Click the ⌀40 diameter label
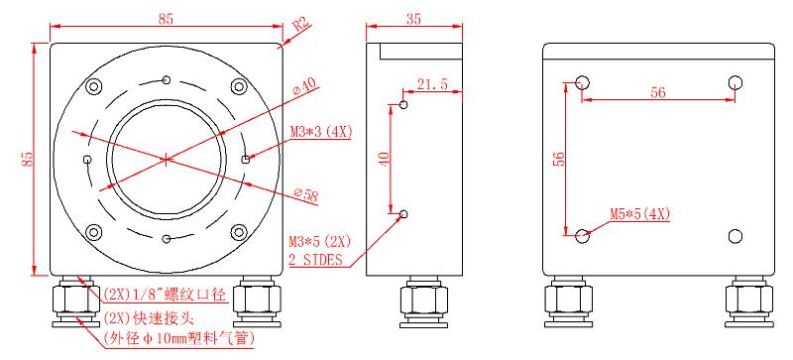[x=306, y=85]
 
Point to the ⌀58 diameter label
[x=306, y=194]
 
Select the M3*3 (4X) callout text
[x=320, y=132]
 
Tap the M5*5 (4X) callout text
[x=639, y=214]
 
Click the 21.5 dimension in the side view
[x=432, y=84]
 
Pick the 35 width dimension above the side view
[x=413, y=19]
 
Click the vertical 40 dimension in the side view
[x=385, y=159]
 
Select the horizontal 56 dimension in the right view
[x=658, y=92]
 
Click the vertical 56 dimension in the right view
[x=557, y=160]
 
